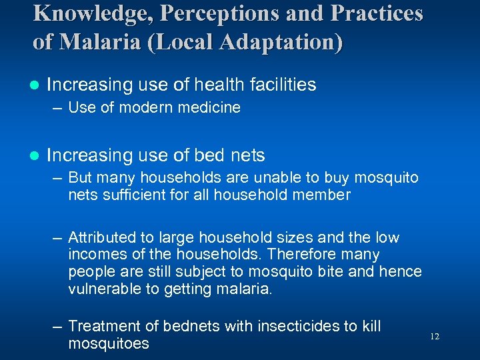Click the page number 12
pyautogui.click(x=435, y=337)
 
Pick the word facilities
pyautogui.click(x=279, y=85)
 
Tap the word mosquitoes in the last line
pyautogui.click(x=108, y=343)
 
